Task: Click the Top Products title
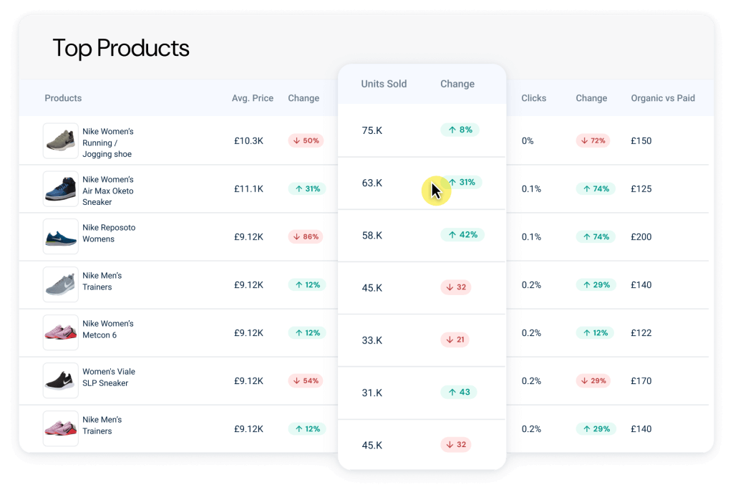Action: (x=121, y=48)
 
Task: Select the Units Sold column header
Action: (x=384, y=84)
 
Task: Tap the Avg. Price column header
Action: (x=253, y=98)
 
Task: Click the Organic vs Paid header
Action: (x=663, y=98)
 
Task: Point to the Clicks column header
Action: (x=534, y=98)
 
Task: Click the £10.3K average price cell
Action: (x=248, y=141)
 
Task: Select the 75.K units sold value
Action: (x=372, y=130)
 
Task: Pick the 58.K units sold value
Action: (x=372, y=235)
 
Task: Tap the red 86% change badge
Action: (x=306, y=236)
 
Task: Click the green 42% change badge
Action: (x=462, y=234)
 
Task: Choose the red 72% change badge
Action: (x=593, y=140)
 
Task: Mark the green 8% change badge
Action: (x=460, y=130)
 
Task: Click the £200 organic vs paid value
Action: (x=641, y=237)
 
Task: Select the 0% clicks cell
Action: (x=528, y=141)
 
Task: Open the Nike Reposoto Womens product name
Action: (x=109, y=234)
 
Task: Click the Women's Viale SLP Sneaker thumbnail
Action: (x=61, y=380)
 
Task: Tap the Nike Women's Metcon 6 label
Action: (x=108, y=330)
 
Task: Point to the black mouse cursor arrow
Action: (x=435, y=191)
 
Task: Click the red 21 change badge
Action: (x=455, y=340)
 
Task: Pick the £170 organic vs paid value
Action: (x=641, y=381)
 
